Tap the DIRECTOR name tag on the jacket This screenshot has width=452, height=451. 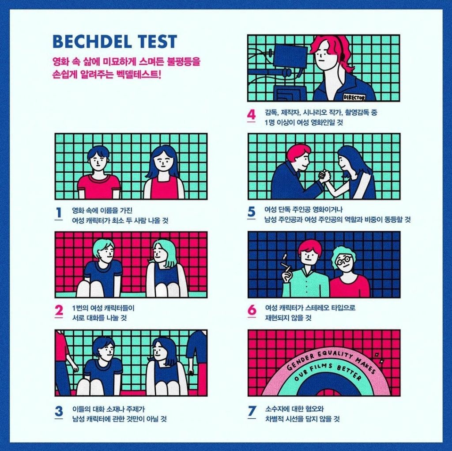pos(354,98)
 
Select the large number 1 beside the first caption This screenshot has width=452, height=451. pos(59,213)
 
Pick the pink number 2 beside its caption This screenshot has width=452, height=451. pos(59,311)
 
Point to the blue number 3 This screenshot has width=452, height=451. pos(59,411)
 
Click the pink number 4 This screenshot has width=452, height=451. pos(251,114)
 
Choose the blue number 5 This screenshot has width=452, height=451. pos(251,212)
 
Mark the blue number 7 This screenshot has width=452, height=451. pos(252,411)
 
